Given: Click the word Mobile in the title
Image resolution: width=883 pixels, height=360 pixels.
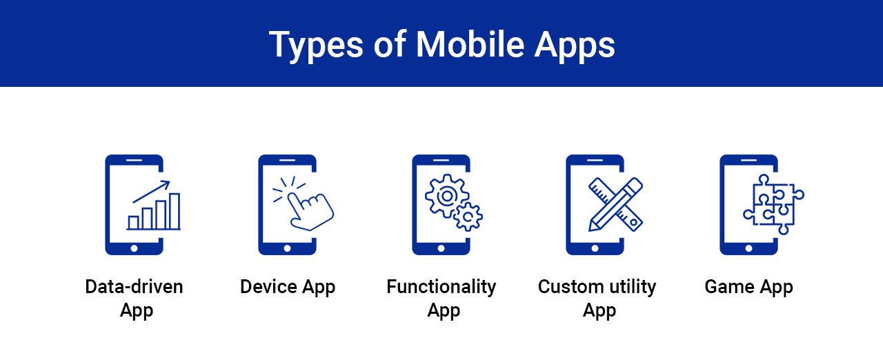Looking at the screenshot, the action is point(470,45).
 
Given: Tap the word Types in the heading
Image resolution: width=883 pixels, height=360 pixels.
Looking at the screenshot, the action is point(316,46).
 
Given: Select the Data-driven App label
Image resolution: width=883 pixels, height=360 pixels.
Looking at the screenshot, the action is point(134,299).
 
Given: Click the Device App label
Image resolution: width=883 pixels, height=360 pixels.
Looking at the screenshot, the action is point(288,288).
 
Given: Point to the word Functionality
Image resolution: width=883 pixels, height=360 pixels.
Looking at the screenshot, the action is point(441,288).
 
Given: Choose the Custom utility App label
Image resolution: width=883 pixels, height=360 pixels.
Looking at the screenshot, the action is point(597,299).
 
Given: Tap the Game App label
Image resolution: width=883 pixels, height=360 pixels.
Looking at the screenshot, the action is point(748,288).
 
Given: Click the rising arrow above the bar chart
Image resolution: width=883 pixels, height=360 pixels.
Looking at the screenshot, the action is point(151,192).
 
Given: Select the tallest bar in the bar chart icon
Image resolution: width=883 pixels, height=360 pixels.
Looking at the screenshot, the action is point(175,211).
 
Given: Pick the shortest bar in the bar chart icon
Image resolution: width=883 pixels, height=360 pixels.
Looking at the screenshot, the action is point(134,223).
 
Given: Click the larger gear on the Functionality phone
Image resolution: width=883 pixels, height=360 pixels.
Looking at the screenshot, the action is point(446,196).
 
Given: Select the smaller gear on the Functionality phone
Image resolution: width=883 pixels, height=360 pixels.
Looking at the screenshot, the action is point(468,217).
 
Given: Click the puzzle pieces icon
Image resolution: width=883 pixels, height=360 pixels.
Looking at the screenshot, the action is point(773,204).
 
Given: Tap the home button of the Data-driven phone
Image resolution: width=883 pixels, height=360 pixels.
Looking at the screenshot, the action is point(134,248).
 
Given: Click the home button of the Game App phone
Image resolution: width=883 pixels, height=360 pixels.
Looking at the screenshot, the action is point(748,248).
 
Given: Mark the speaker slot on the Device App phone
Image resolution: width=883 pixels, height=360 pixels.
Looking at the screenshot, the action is point(288,160).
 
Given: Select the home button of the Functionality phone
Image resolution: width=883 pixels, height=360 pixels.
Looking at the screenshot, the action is point(441,248).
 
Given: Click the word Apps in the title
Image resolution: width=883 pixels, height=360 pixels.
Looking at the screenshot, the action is point(575,46).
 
